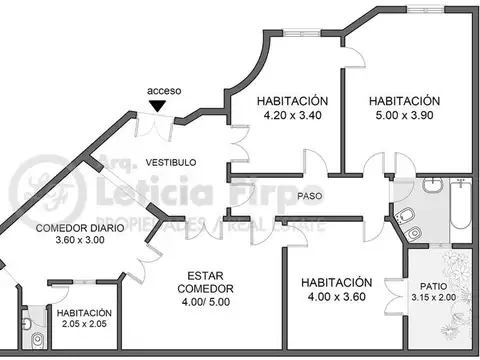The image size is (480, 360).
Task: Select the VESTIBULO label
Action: point(171,162)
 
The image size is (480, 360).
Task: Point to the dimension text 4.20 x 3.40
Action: point(292,115)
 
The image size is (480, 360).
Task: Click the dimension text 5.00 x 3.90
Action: point(404,115)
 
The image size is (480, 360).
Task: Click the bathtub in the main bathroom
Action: point(458,210)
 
